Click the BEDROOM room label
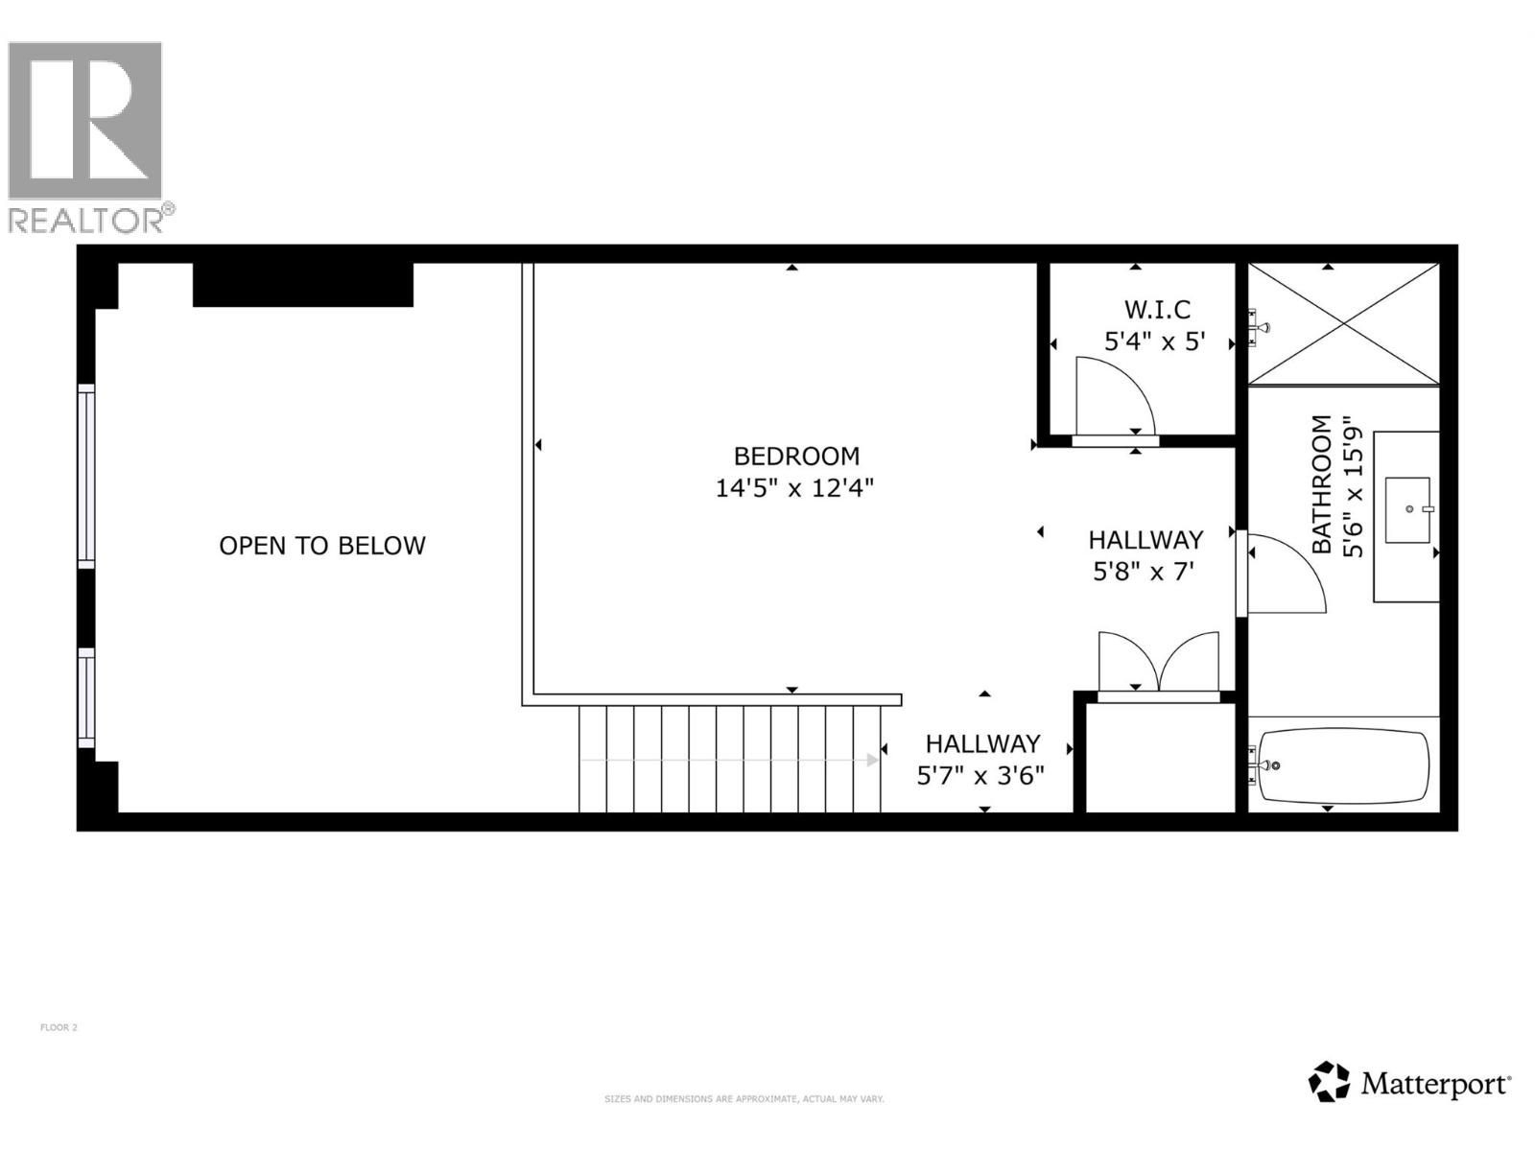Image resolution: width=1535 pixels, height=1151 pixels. pos(796,456)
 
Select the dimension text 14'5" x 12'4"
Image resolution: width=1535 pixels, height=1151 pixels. pos(794,488)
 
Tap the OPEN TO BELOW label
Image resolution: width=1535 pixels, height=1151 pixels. pos(322,546)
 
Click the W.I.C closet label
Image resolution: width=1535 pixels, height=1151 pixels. pos(1157,310)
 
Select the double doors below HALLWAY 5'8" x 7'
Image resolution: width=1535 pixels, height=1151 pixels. pos(1159,662)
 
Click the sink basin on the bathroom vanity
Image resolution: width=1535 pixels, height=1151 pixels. pos(1407,509)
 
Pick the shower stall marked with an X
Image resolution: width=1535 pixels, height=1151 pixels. pos(1343,324)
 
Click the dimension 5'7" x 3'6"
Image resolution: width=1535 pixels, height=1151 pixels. pos(980,776)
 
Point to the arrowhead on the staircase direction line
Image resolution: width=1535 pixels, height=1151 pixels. pos(873,760)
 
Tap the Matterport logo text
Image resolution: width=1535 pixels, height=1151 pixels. pos(1435,1085)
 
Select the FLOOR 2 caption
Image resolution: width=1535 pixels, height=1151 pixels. pos(59,1027)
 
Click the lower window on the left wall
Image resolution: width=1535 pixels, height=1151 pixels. pos(86,697)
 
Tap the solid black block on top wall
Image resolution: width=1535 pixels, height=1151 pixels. pos(303,285)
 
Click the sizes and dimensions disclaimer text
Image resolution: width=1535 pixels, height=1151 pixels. pos(744,1099)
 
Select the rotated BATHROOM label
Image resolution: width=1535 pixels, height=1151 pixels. pos(1322,484)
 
